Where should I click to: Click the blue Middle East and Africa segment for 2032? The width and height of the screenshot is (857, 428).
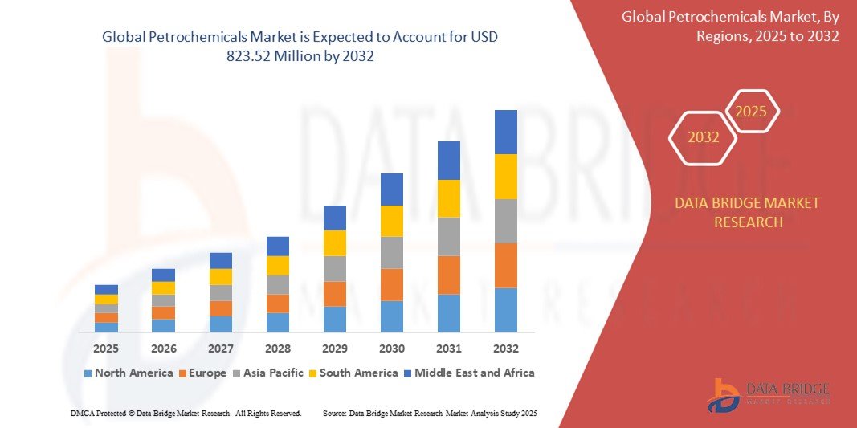506,132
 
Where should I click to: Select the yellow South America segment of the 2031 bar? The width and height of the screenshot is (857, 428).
449,198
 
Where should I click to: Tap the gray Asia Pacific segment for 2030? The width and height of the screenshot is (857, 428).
392,252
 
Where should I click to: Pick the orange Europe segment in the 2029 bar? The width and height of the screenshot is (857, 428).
335,293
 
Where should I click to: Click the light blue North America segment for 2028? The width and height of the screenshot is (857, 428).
278,322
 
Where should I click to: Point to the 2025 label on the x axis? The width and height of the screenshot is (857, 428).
106,349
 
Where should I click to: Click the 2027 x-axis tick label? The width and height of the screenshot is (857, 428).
221,349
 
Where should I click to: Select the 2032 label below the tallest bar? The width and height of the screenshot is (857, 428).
506,349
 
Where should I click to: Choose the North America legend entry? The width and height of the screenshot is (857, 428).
129,373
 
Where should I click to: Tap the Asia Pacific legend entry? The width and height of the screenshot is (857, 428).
267,373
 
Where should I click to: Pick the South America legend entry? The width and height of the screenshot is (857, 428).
353,373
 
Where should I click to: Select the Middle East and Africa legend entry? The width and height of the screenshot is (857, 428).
468,373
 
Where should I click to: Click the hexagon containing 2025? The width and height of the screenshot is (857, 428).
752,112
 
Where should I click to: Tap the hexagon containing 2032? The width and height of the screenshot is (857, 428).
704,137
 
